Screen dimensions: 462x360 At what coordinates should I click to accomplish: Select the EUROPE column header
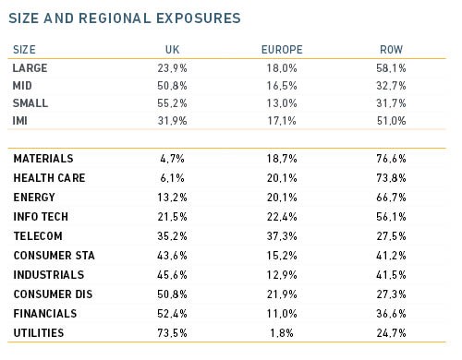pos(282,50)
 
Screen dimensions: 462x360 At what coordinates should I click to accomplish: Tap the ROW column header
pos(391,50)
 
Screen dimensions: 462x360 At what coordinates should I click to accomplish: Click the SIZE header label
pos(24,50)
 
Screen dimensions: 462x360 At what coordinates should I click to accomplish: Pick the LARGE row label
pos(30,68)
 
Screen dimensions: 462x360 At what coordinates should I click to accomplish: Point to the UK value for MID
pos(172,86)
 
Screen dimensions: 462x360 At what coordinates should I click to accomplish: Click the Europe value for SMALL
pos(282,103)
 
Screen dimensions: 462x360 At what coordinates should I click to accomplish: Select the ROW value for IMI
pos(391,121)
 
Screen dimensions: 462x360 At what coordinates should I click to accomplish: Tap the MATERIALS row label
pos(43,159)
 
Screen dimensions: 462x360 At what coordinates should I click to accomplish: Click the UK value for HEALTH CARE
pos(172,178)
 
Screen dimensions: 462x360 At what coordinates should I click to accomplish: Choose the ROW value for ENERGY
pos(391,198)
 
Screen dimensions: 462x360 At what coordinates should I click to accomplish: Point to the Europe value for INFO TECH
pos(282,217)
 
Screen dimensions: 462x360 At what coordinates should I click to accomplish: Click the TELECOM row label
pos(38,236)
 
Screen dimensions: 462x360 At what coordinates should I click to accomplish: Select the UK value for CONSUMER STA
pos(172,256)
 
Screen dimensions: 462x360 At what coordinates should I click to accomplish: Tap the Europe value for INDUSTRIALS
pos(282,275)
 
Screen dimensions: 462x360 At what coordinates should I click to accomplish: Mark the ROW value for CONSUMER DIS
pos(391,294)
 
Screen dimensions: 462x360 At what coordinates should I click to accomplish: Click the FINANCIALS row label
pos(45,314)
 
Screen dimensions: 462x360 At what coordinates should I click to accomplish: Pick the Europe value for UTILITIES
pos(282,333)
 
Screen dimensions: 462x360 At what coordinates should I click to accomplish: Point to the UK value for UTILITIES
pos(172,333)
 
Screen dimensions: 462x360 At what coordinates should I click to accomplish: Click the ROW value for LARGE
pos(391,68)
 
